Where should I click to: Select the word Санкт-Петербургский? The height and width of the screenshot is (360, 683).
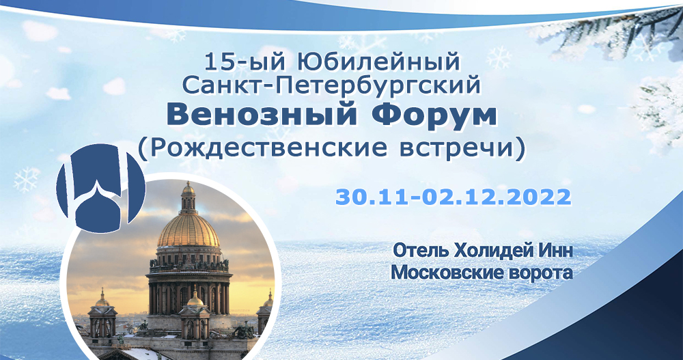(x=334, y=87)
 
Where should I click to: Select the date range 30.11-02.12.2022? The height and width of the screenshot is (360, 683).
(x=452, y=197)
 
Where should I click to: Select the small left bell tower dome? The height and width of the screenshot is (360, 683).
(x=102, y=299)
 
